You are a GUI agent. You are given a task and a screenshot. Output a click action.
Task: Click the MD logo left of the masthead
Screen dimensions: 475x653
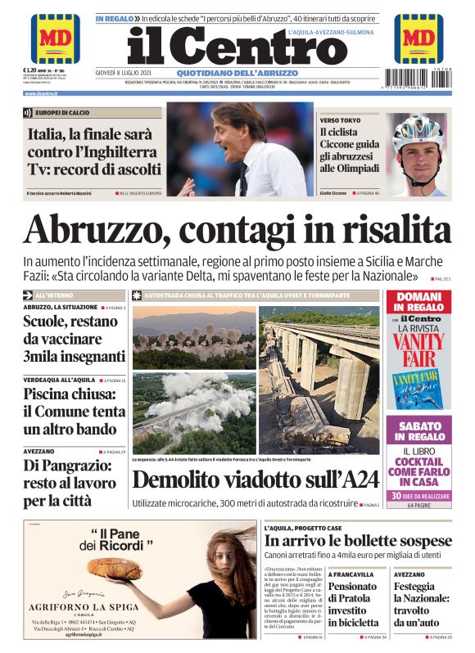55,38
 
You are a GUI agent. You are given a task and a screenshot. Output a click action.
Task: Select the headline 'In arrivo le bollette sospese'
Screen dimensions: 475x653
358,541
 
